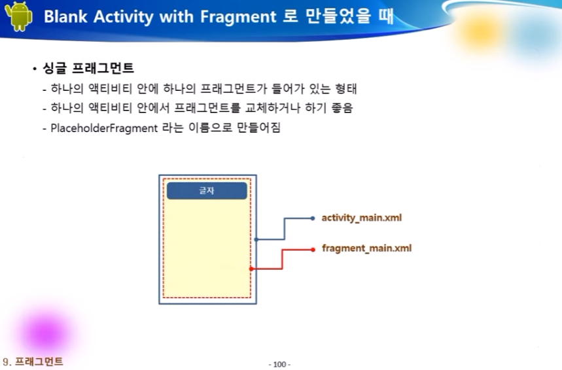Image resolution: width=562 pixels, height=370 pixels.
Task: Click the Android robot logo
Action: pyautogui.click(x=18, y=16)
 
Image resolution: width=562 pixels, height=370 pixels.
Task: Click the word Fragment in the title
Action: pyautogui.click(x=238, y=17)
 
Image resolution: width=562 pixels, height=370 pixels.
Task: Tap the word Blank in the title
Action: pyautogui.click(x=65, y=16)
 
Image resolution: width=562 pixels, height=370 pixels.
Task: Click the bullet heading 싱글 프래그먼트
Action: pyautogui.click(x=88, y=68)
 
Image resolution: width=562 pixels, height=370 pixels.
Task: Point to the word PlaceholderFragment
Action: pyautogui.click(x=104, y=128)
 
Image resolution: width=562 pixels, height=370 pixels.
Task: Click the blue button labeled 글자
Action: pyautogui.click(x=207, y=190)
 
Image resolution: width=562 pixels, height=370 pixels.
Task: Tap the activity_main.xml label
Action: pyautogui.click(x=362, y=218)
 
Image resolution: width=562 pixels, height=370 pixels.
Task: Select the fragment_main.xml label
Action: pyautogui.click(x=366, y=248)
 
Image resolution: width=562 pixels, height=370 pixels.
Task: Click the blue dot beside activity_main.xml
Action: pyautogui.click(x=313, y=218)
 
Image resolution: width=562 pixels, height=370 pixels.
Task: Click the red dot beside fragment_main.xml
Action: pyautogui.click(x=313, y=250)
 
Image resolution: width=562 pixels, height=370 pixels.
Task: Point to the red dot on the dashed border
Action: pyautogui.click(x=251, y=269)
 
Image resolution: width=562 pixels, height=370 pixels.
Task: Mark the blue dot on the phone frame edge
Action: pyautogui.click(x=256, y=239)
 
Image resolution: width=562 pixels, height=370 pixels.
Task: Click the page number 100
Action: pyautogui.click(x=279, y=364)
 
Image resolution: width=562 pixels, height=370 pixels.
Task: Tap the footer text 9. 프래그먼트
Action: pyautogui.click(x=33, y=362)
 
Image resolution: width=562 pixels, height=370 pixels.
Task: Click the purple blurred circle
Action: pyautogui.click(x=46, y=331)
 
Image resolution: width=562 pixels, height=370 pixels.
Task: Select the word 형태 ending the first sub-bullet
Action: pyautogui.click(x=345, y=88)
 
